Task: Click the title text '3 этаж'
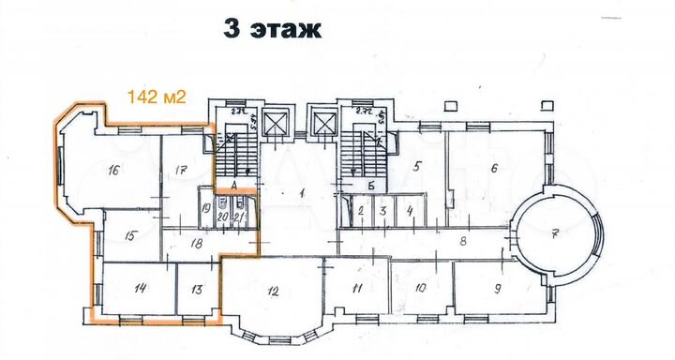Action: tap(273, 28)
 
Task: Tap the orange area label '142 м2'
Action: tap(156, 95)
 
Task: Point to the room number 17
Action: tap(182, 171)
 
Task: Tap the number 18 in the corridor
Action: tap(197, 243)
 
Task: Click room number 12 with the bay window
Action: tap(273, 292)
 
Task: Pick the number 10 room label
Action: tap(421, 288)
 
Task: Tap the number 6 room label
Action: tap(493, 169)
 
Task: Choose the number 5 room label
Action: tap(418, 167)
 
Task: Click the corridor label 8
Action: tap(461, 241)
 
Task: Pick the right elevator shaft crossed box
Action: tap(324, 123)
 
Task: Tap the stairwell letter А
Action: tap(232, 187)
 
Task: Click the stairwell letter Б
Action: tap(371, 186)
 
